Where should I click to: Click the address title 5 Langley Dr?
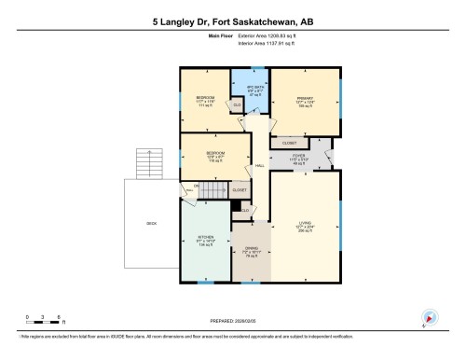(232, 19)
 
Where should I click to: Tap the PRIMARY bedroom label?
(303, 99)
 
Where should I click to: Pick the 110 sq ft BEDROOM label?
(214, 156)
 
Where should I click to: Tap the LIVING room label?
(304, 225)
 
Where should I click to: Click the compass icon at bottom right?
(429, 317)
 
